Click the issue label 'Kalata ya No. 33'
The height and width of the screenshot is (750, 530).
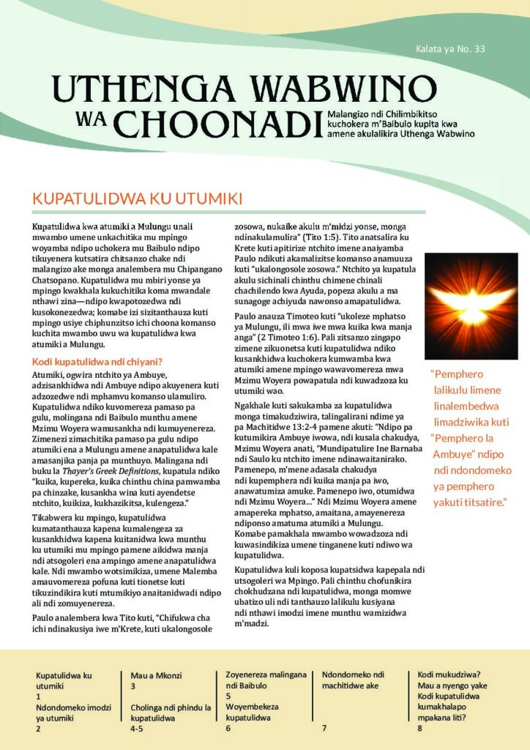click(x=449, y=50)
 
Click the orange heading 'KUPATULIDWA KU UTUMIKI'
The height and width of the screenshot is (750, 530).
click(x=138, y=199)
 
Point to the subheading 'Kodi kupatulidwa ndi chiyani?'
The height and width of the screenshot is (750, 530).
click(x=97, y=361)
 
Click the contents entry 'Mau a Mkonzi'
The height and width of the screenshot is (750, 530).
click(x=156, y=675)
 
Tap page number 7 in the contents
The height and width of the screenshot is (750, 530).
click(x=324, y=728)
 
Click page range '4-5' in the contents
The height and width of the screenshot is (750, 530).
click(x=137, y=729)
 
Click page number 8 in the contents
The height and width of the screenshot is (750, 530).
click(x=419, y=728)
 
